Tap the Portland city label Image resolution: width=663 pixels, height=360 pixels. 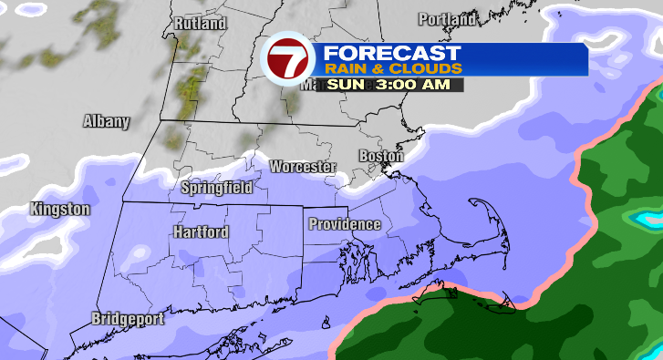click(448, 19)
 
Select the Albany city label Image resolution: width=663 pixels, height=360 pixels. click(107, 121)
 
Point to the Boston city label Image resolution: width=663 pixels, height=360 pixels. click(380, 156)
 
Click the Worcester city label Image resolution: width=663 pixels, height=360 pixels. click(303, 168)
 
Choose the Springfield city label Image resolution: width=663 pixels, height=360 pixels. click(217, 189)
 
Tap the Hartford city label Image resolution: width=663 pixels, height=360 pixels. click(200, 232)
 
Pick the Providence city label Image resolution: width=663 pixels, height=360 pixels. click(344, 224)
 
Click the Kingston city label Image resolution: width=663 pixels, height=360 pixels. click(60, 210)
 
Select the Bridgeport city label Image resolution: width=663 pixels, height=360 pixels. click(128, 319)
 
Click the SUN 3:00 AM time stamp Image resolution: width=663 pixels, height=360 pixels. click(394, 84)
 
